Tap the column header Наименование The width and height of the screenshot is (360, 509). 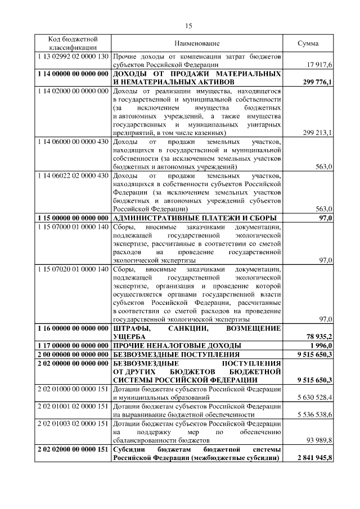[197, 43]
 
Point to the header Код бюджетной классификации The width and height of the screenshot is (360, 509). [72, 43]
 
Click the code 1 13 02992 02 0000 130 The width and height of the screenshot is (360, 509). [72, 57]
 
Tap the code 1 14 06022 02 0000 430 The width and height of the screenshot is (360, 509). [72, 175]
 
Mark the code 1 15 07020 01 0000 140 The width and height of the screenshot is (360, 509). [72, 269]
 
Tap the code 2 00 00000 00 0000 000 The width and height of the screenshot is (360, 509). [72, 354]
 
